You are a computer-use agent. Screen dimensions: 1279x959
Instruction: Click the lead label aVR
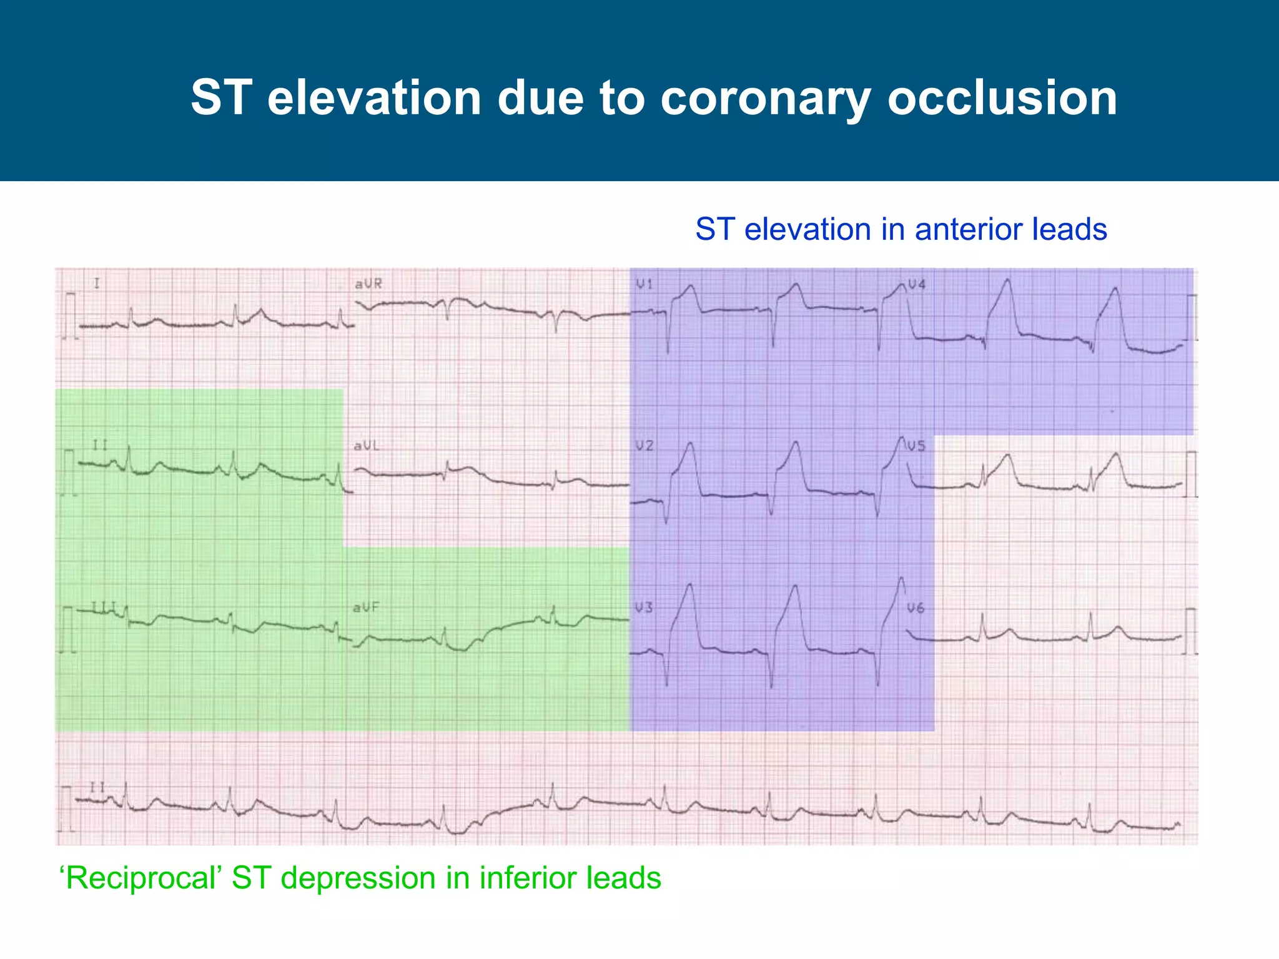[x=368, y=284]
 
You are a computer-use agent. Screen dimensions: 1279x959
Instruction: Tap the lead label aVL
[x=367, y=446]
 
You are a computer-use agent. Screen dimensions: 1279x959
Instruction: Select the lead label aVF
[x=366, y=607]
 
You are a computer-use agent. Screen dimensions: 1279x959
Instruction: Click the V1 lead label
[x=644, y=285]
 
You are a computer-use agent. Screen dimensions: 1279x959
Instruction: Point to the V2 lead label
[x=644, y=446]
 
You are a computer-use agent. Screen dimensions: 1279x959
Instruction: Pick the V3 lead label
[x=644, y=607]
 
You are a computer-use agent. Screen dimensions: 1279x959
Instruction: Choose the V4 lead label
[x=917, y=285]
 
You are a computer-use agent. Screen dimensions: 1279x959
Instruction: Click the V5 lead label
[x=917, y=446]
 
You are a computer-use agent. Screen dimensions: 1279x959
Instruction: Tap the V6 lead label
[x=916, y=607]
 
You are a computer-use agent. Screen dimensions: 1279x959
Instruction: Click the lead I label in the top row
[x=97, y=284]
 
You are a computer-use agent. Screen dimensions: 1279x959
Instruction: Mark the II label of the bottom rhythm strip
[x=97, y=787]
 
